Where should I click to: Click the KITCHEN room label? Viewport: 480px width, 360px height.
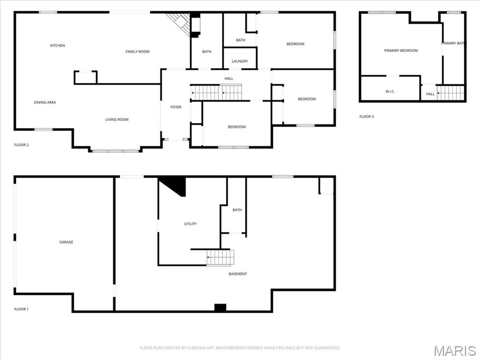[58, 45]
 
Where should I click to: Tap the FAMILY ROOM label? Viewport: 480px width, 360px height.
[137, 52]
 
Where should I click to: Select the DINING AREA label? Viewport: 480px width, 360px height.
[45, 102]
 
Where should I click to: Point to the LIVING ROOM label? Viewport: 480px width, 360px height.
[117, 120]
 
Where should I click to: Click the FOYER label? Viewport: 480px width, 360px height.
[176, 107]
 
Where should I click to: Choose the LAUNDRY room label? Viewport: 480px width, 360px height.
[240, 61]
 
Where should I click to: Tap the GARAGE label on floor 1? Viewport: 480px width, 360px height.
[66, 242]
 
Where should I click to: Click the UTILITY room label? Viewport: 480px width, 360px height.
[190, 224]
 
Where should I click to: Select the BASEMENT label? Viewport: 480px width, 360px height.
[238, 274]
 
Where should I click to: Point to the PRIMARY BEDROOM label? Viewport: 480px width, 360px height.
[401, 51]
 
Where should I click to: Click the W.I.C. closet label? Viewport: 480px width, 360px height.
[390, 91]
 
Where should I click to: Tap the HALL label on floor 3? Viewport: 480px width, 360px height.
[430, 94]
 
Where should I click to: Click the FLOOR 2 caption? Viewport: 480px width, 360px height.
[22, 145]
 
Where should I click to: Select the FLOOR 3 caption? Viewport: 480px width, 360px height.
[367, 117]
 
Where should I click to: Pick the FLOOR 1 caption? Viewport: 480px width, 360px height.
[22, 309]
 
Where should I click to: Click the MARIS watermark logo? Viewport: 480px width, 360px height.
[454, 351]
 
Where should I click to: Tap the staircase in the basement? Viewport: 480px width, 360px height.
[220, 257]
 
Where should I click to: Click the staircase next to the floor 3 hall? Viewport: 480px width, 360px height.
[450, 93]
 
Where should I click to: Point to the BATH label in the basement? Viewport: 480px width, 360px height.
[237, 210]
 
